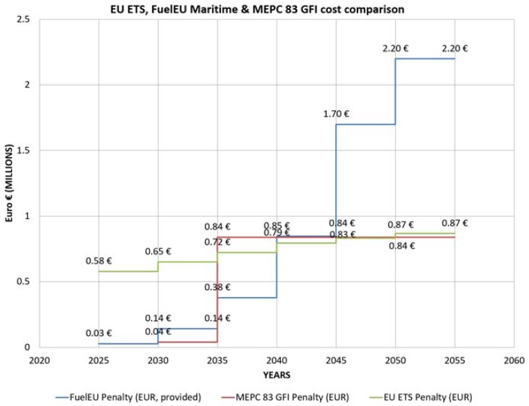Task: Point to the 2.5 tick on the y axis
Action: pyautogui.click(x=27, y=20)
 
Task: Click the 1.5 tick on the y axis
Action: pyautogui.click(x=27, y=151)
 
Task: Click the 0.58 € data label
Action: pyautogui.click(x=98, y=260)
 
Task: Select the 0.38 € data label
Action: pyautogui.click(x=217, y=287)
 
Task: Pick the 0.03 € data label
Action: pyautogui.click(x=98, y=333)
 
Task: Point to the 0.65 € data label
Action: pyautogui.click(x=158, y=251)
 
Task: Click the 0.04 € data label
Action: pyautogui.click(x=158, y=331)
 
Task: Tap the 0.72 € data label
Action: pyautogui.click(x=217, y=242)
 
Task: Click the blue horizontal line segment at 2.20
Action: pyautogui.click(x=424, y=59)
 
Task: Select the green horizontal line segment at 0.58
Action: pyautogui.click(x=128, y=271)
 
